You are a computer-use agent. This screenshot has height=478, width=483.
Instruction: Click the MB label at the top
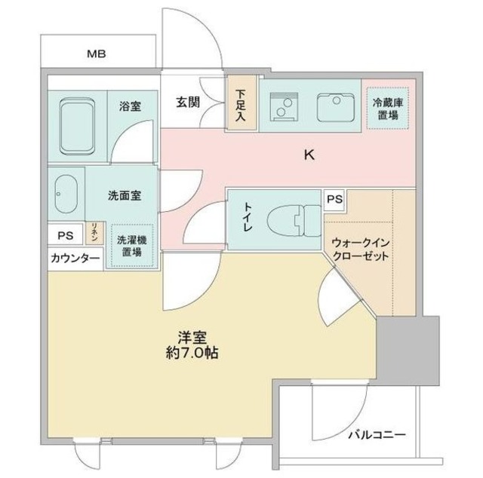point(96,54)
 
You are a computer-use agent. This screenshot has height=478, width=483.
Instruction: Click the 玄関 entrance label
point(187,103)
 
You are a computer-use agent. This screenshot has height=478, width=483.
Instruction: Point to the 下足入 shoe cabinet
point(241,105)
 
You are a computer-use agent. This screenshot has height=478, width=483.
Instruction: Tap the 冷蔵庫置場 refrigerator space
point(386,109)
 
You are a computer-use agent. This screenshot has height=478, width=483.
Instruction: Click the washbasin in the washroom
point(66,195)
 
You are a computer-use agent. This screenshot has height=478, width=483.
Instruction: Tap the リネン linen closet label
point(94,231)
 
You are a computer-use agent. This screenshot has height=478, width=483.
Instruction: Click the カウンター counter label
point(75,259)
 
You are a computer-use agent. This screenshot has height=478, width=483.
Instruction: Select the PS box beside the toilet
point(334,200)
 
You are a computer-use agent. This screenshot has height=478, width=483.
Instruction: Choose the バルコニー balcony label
point(377,436)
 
